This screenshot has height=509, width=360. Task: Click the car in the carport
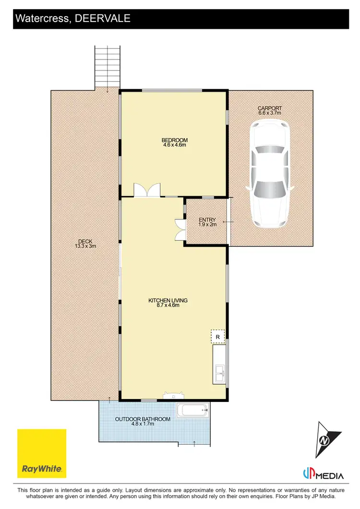[269, 174]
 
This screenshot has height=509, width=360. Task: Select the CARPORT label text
[269, 108]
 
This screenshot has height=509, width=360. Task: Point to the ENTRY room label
[207, 220]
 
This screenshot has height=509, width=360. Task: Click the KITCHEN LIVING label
[168, 300]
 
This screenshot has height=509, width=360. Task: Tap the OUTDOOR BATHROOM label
[143, 419]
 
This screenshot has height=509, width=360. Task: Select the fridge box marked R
[217, 336]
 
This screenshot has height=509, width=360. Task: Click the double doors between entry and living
[180, 229]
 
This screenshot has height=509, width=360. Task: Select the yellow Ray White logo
[42, 453]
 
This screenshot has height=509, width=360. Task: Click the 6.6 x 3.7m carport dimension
[269, 113]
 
